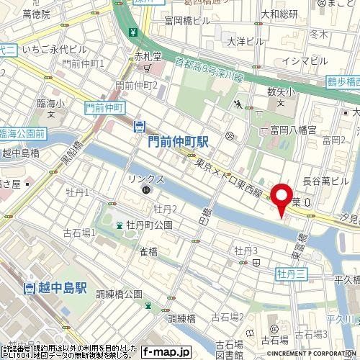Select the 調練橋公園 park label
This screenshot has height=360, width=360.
tap(119, 294)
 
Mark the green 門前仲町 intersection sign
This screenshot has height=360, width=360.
tap(101, 107)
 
